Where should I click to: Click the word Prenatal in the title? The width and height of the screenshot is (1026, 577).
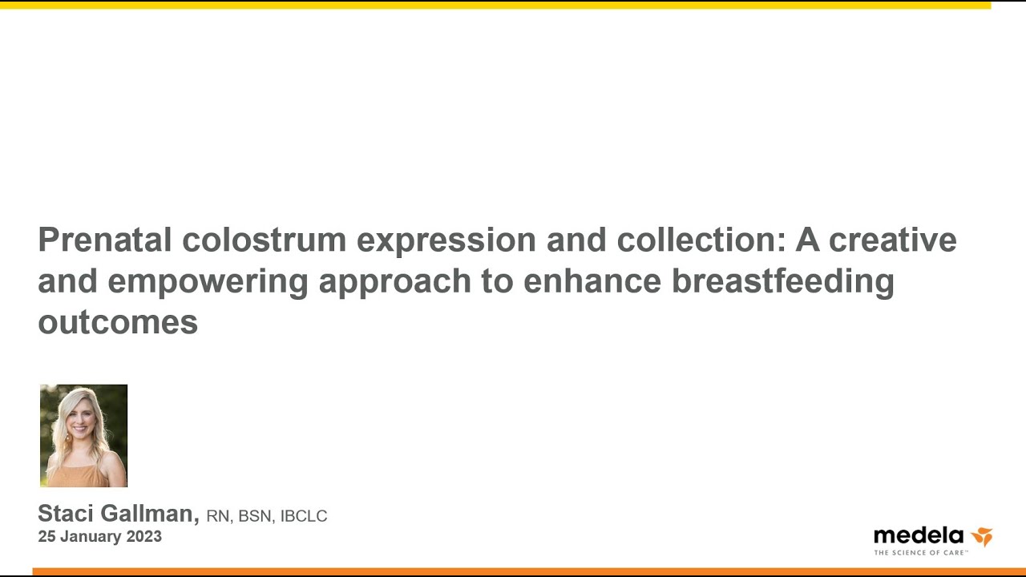pyautogui.click(x=105, y=240)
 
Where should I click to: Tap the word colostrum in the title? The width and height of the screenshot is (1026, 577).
pyautogui.click(x=265, y=240)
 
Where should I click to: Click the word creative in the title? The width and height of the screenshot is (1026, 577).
pyautogui.click(x=893, y=240)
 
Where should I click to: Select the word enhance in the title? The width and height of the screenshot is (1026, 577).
pyautogui.click(x=592, y=280)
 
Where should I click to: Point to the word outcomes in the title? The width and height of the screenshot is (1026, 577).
pyautogui.click(x=118, y=322)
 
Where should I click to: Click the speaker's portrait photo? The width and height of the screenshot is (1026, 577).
pyautogui.click(x=84, y=435)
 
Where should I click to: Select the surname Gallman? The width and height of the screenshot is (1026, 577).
pyautogui.click(x=150, y=514)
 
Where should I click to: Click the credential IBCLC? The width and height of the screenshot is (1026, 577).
pyautogui.click(x=304, y=516)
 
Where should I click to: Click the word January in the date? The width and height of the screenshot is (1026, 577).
pyautogui.click(x=91, y=537)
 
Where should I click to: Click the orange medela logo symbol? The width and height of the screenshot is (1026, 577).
pyautogui.click(x=982, y=537)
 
